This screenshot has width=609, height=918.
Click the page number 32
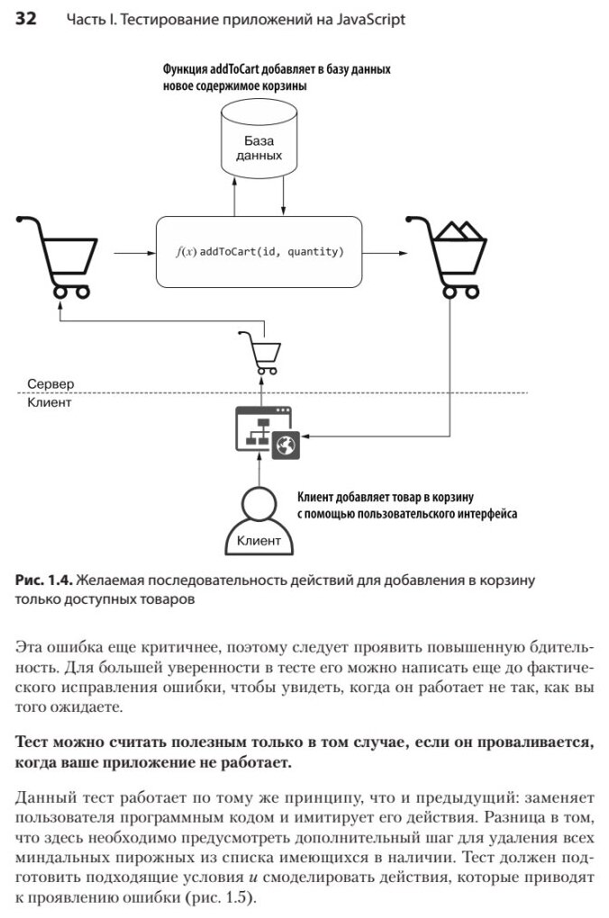pos(25,19)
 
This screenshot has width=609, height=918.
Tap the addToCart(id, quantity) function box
pos(259,252)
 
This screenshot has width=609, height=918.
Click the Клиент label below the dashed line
pos(50,403)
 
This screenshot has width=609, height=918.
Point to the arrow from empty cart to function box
pos(127,253)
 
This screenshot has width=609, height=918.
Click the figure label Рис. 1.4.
pos(42,580)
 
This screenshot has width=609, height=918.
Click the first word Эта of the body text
pos(30,646)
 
